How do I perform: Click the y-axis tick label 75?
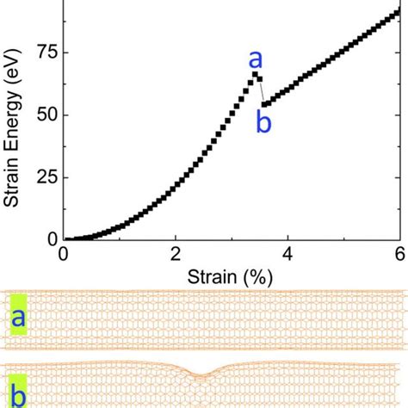click(48, 53)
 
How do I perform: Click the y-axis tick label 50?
click(48, 115)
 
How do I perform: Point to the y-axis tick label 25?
click(48, 177)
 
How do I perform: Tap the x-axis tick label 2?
click(176, 254)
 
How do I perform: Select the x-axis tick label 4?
click(287, 254)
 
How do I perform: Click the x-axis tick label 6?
click(400, 254)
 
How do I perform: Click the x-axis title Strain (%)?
click(230, 277)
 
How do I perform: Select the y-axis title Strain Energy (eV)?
click(12, 127)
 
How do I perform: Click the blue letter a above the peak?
click(256, 59)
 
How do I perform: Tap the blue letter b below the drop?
click(263, 122)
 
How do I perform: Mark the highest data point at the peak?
click(255, 75)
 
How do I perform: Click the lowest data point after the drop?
click(264, 104)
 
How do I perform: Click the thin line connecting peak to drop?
click(262, 91)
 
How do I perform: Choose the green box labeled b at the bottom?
click(18, 391)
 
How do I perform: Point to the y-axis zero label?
click(53, 239)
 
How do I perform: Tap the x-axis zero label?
click(63, 254)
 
